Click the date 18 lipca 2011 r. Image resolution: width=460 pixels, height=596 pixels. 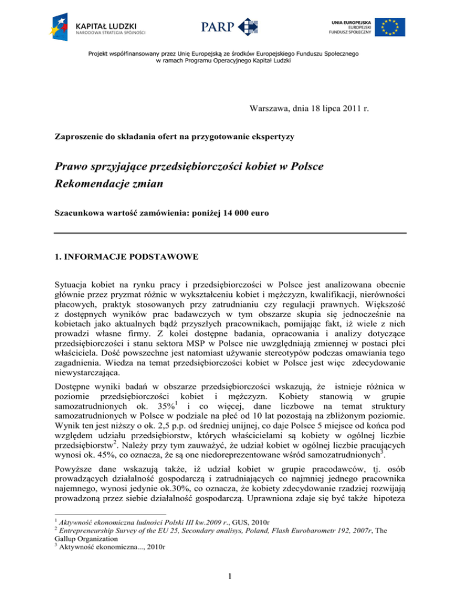[358, 109]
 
